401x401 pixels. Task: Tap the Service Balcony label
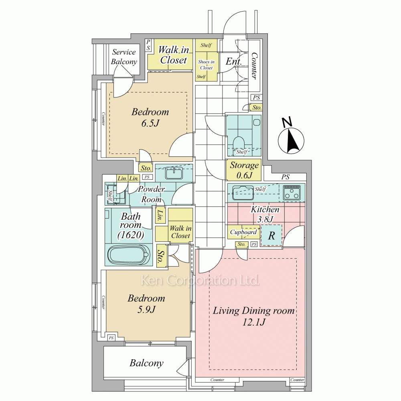pos(124,57)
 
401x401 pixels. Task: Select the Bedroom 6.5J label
pos(150,117)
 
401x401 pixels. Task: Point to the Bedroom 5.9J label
pos(146,304)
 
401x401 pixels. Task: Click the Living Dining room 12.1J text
pos(254,316)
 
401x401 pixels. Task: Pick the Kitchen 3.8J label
pos(265,214)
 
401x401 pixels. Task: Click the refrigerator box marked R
pos(271,235)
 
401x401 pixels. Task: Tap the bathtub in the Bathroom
pos(128,255)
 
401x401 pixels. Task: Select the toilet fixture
pos(239,144)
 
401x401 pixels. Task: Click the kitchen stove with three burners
pos(292,192)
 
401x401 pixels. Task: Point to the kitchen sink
pos(243,192)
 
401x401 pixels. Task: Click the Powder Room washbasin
pos(174,173)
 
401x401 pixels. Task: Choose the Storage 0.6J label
pos(244,170)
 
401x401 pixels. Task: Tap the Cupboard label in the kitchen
pos(243,232)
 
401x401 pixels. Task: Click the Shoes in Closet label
pos(206,65)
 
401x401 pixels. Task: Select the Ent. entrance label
pos(233,61)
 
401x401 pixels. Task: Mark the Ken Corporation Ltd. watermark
pos(200,280)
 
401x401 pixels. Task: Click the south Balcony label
pos(146,363)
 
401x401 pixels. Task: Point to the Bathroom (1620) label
pos(131,226)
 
